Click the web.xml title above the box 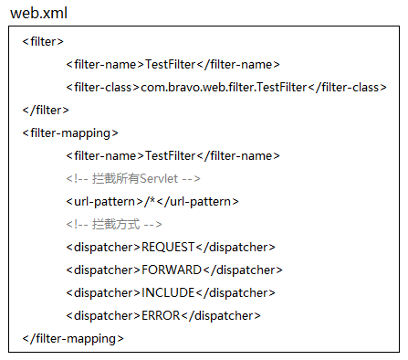tap(38, 13)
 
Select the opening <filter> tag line tap(43, 41)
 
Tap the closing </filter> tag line tap(46, 110)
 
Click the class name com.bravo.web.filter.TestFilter tap(224, 88)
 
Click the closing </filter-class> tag tap(347, 88)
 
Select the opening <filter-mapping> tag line tap(70, 133)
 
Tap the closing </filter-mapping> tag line tap(73, 339)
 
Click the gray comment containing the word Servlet tap(133, 178)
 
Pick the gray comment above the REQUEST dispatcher tap(114, 225)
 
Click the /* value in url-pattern tap(150, 201)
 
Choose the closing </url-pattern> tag tap(197, 202)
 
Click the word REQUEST tap(168, 247)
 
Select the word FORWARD tap(172, 270)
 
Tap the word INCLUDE tap(168, 292)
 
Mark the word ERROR tap(161, 315)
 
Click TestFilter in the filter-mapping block tap(170, 155)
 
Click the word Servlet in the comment tap(159, 178)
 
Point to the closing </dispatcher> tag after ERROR tap(221, 316)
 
